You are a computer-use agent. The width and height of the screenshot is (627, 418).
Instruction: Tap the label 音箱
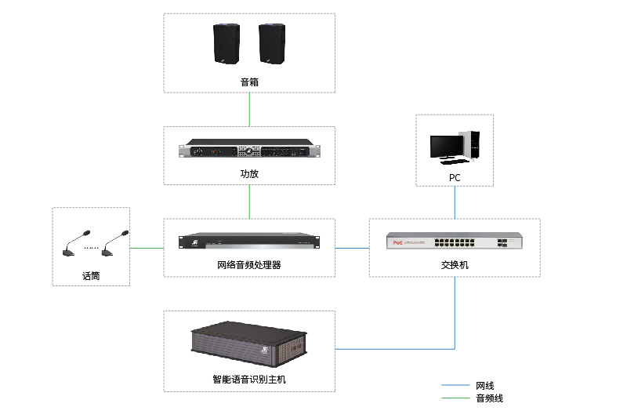pyautogui.click(x=249, y=82)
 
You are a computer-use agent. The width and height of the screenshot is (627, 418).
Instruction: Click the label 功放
pyautogui.click(x=249, y=174)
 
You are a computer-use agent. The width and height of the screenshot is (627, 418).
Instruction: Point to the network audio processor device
pyautogui.click(x=249, y=242)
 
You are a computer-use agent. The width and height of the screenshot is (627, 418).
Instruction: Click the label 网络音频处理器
pyautogui.click(x=249, y=265)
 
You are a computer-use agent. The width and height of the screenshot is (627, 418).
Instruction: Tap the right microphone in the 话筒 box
pyautogui.click(x=114, y=243)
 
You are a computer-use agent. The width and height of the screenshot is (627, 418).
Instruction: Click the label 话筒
pyautogui.click(x=91, y=276)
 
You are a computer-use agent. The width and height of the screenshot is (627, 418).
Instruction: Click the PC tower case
pyautogui.click(x=473, y=142)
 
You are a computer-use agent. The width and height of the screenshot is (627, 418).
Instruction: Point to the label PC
pyautogui.click(x=455, y=178)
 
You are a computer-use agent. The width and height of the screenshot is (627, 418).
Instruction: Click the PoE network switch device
pyautogui.click(x=455, y=242)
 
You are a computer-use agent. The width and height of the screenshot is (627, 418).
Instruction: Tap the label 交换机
pyautogui.click(x=455, y=265)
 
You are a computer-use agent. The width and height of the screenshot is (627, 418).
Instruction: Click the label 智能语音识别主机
pyautogui.click(x=248, y=380)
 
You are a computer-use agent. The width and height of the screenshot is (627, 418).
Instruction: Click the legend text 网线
pyautogui.click(x=484, y=386)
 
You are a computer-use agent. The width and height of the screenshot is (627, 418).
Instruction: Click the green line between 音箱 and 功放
pyautogui.click(x=249, y=110)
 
